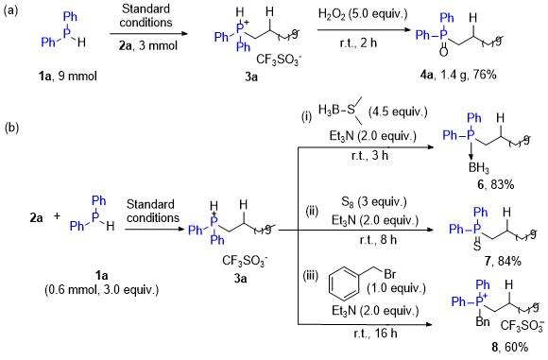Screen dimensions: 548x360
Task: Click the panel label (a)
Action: pyautogui.click(x=10, y=10)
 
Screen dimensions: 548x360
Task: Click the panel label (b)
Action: pyautogui.click(x=11, y=128)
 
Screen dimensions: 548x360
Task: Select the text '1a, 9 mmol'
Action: pyautogui.click(x=68, y=76)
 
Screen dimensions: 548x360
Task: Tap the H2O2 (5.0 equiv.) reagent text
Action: pyautogui.click(x=363, y=14)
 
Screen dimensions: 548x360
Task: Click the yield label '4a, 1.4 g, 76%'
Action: pyautogui.click(x=458, y=75)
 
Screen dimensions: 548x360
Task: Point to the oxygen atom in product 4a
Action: pyautogui.click(x=443, y=52)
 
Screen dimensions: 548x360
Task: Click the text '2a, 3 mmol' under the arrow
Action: pyautogui.click(x=147, y=45)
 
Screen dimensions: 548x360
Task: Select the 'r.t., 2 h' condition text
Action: pyautogui.click(x=358, y=43)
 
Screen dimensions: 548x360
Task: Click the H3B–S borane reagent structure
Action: pyautogui.click(x=341, y=111)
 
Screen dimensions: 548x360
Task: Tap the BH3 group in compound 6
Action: pyautogui.click(x=479, y=168)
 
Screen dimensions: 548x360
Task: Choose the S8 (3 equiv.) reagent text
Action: pyautogui.click(x=374, y=202)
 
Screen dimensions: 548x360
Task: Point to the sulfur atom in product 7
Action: pyautogui.click(x=477, y=246)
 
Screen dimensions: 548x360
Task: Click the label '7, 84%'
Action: pyautogui.click(x=503, y=261)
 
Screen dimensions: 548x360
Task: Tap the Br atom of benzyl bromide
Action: pyautogui.click(x=389, y=274)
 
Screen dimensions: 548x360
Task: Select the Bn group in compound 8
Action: pyautogui.click(x=482, y=321)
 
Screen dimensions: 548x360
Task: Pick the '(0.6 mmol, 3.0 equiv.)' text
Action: pyautogui.click(x=102, y=290)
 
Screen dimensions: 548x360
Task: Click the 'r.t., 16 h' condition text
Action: pyautogui.click(x=375, y=334)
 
